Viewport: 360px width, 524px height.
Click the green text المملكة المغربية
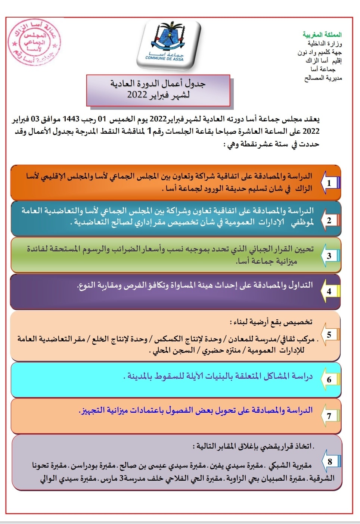[322, 35]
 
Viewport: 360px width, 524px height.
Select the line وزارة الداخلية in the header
[325, 44]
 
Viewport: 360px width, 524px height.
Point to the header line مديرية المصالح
[323, 78]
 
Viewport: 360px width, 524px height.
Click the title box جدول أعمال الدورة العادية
[158, 89]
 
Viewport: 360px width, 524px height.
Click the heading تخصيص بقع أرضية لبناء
[271, 322]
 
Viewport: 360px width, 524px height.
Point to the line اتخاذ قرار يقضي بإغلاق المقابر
[254, 446]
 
